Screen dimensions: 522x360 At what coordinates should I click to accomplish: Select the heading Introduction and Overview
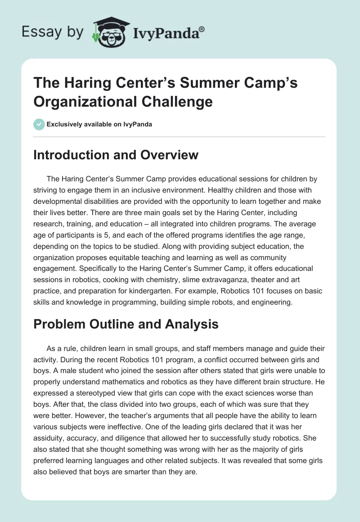pos(116,155)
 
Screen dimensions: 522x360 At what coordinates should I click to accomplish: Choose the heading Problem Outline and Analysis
pos(126,324)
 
